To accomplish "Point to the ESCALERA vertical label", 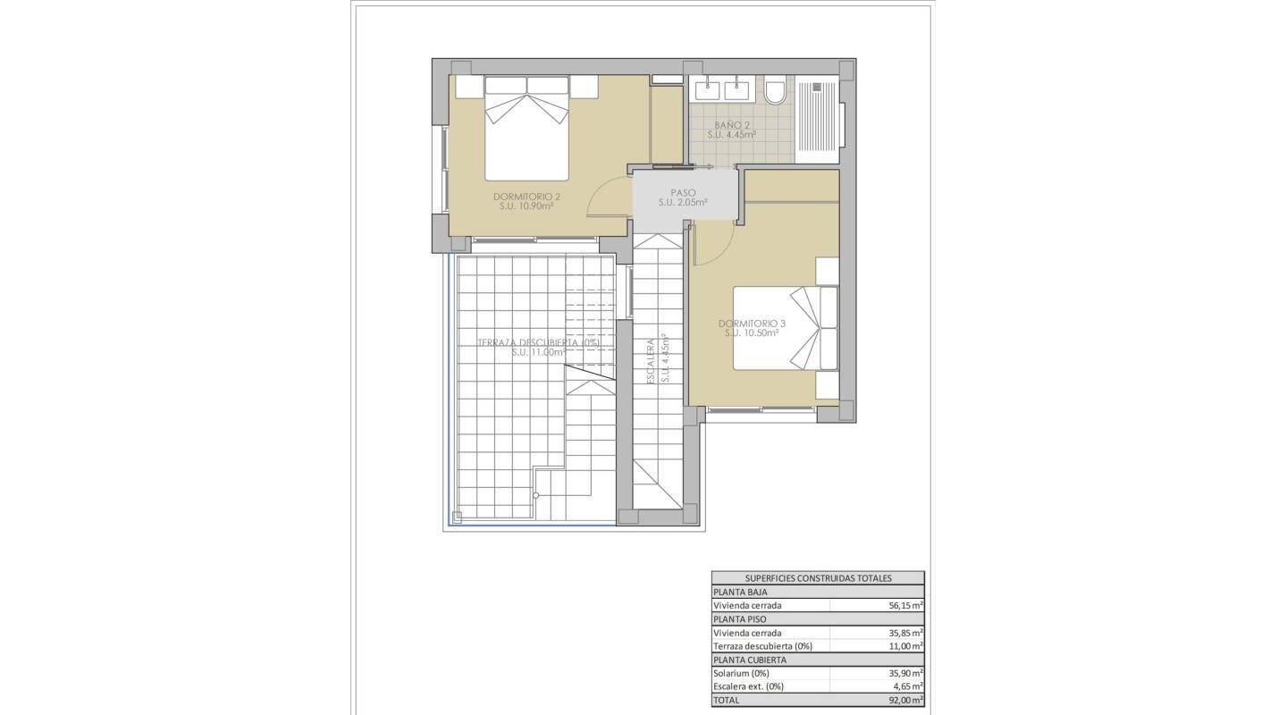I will click(652, 359).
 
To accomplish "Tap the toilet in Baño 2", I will click(775, 91).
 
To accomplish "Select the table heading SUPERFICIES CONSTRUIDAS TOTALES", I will click(818, 578).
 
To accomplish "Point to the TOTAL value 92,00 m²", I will click(905, 701).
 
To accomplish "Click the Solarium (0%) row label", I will click(741, 673).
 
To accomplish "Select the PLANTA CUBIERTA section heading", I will click(752, 660).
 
